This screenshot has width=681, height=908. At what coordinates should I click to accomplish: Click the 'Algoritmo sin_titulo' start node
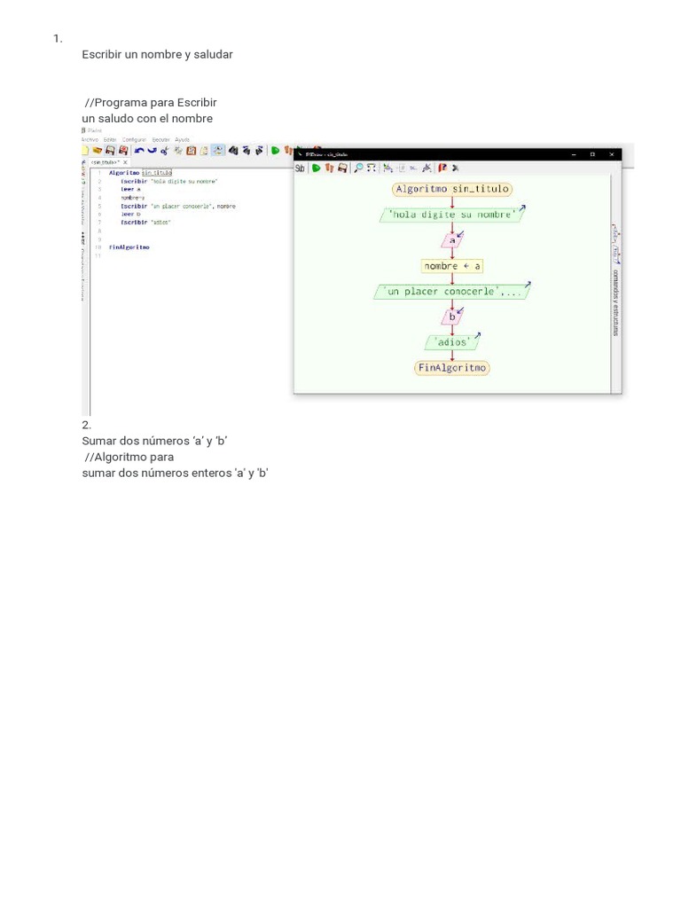[x=452, y=189]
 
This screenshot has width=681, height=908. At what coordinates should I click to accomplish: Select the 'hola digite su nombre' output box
[x=452, y=215]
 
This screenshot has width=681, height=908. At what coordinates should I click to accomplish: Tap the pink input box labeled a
[x=452, y=239]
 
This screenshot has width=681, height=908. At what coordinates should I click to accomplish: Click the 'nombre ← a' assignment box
[x=452, y=265]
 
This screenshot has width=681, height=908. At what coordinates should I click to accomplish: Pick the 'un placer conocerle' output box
[x=453, y=291]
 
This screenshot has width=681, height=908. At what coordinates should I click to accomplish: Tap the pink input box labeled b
[x=452, y=316]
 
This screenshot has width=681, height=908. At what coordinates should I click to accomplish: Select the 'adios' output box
[x=452, y=341]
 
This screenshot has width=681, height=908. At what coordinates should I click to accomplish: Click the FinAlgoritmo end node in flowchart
[x=452, y=367]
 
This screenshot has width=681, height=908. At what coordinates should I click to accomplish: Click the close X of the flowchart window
[x=612, y=154]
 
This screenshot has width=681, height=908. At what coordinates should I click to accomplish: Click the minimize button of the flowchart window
[x=572, y=154]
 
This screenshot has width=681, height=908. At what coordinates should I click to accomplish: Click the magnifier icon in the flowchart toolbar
[x=358, y=168]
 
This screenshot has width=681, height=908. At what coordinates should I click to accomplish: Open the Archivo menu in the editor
[x=90, y=139]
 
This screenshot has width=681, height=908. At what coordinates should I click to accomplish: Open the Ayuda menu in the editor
[x=182, y=139]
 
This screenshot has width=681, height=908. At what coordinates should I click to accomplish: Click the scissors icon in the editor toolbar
[x=165, y=151]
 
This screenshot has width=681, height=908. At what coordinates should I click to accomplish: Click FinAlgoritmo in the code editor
[x=129, y=247]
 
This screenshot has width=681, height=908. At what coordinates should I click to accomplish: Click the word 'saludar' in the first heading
[x=213, y=54]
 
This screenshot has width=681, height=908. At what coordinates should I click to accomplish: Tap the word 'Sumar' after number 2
[x=98, y=441]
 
